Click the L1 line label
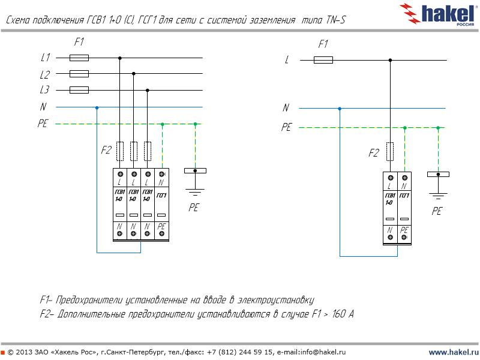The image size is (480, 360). [x=45, y=58]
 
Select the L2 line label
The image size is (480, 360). [x=45, y=74]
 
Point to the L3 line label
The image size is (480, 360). [x=45, y=91]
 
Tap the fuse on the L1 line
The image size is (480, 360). [x=79, y=58]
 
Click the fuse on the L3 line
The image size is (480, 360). [x=79, y=91]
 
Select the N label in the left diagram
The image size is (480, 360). [x=43, y=107]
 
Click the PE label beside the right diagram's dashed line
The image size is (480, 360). [x=286, y=127]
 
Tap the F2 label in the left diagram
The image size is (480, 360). [x=106, y=150]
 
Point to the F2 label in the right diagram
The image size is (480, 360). [x=373, y=153]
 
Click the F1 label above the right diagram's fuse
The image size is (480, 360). [x=323, y=44]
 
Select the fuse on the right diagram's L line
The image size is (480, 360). [x=323, y=60]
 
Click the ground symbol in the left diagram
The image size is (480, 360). [x=194, y=191]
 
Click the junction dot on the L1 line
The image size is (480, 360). [x=120, y=58]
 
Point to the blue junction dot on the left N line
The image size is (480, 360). [x=97, y=107]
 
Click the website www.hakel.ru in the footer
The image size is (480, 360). [x=453, y=352]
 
